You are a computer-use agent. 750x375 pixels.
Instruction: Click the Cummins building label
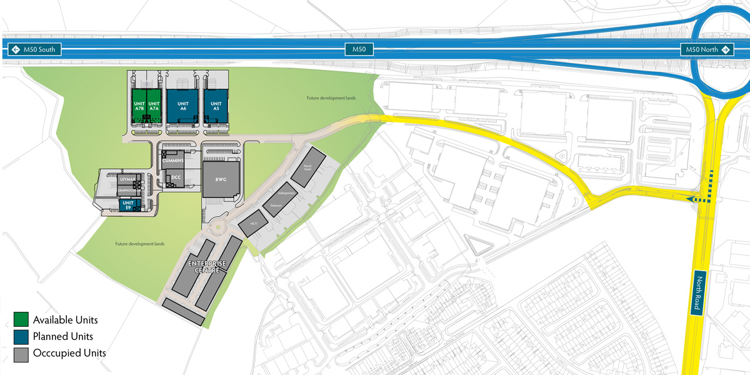tap(172, 161)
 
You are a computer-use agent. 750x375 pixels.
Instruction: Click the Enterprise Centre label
tap(207, 267)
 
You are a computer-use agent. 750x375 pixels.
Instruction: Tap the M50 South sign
tap(34, 49)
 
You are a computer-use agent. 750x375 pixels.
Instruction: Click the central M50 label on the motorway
tap(359, 49)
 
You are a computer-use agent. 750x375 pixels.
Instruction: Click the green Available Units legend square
tap(21, 320)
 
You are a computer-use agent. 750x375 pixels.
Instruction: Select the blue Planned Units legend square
tap(21, 337)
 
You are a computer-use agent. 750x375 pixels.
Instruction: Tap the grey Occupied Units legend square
tap(21, 354)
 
